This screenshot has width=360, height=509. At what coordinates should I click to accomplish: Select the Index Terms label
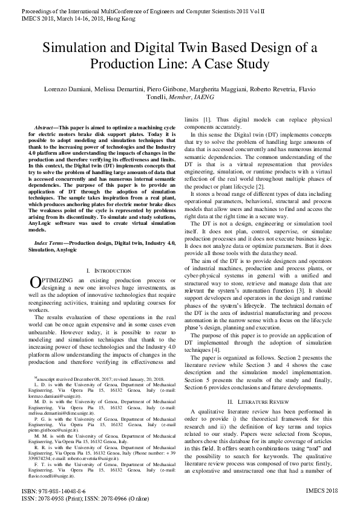(x=53, y=242)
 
